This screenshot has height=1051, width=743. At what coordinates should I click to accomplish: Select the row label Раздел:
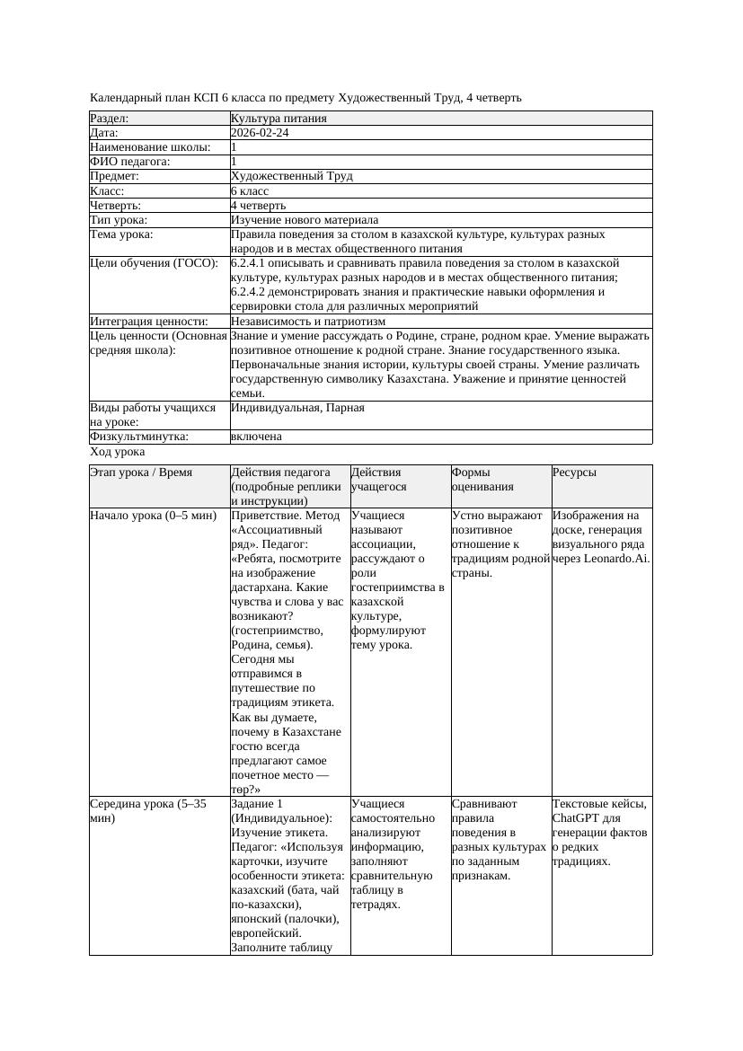click(110, 119)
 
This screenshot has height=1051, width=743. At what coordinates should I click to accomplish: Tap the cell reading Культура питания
click(278, 119)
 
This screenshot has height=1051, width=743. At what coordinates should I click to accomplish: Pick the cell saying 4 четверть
click(259, 206)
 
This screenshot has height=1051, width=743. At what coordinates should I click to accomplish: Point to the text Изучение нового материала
click(304, 220)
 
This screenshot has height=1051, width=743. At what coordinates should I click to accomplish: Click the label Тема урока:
click(121, 234)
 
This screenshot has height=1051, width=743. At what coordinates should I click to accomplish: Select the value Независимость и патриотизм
click(307, 321)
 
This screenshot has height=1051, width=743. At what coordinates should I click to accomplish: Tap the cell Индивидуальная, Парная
click(297, 408)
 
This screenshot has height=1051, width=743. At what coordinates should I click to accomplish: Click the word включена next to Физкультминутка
click(256, 437)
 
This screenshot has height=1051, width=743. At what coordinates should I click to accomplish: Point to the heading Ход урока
click(118, 453)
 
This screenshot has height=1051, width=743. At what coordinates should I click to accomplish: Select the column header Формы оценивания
click(482, 480)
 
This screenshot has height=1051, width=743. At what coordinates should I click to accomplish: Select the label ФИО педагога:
click(130, 162)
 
